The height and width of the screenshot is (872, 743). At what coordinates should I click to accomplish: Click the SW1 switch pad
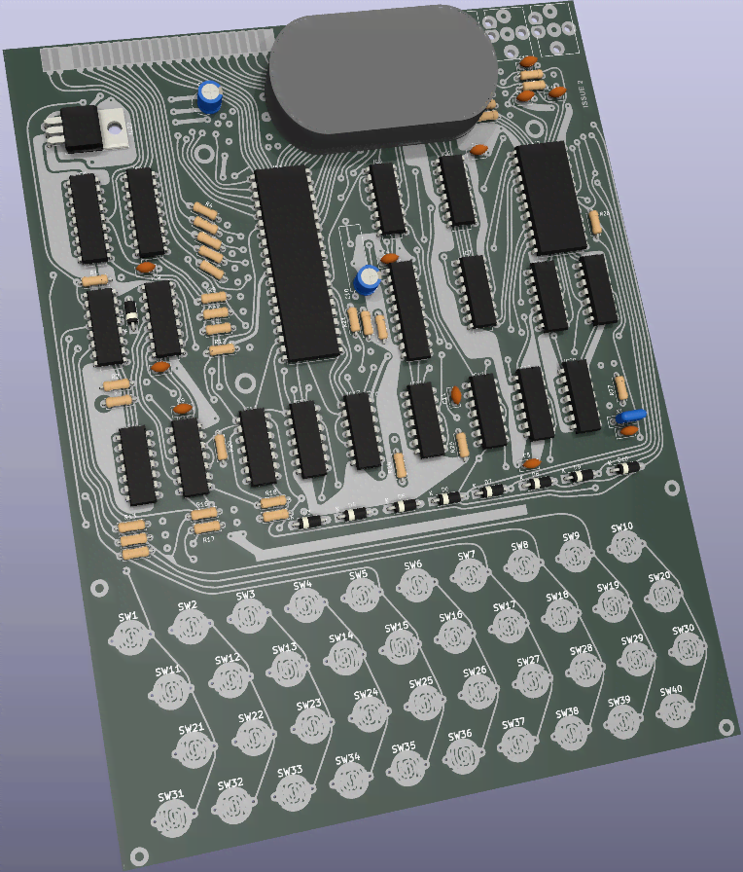click(129, 637)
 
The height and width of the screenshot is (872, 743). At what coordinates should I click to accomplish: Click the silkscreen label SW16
click(450, 617)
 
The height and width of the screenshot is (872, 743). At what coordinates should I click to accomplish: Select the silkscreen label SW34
click(347, 758)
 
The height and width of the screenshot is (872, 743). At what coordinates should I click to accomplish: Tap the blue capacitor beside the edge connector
click(209, 95)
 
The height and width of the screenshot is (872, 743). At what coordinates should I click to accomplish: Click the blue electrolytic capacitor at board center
click(367, 278)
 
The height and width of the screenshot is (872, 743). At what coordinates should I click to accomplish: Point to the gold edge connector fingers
click(156, 55)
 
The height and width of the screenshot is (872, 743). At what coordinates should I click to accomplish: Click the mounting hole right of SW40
click(725, 725)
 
